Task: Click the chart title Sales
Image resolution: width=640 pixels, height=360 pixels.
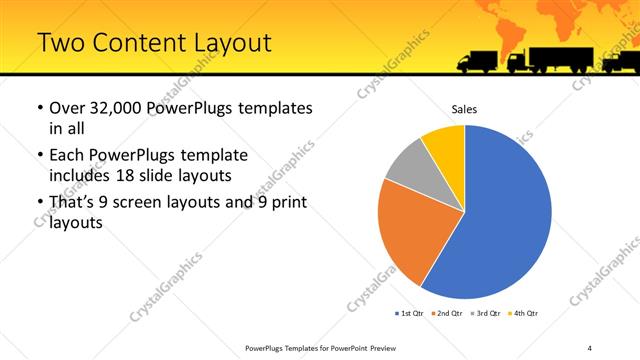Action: click(x=464, y=108)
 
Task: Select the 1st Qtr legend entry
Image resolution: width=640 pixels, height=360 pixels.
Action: click(x=410, y=314)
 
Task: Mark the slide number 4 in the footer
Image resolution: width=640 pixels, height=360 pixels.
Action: click(x=590, y=347)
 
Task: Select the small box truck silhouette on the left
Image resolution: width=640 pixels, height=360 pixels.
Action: click(x=477, y=61)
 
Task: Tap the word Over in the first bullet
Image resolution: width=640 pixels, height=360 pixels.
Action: click(x=66, y=107)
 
